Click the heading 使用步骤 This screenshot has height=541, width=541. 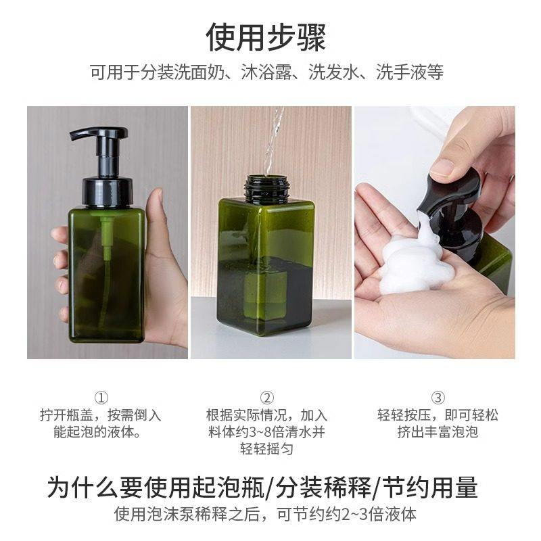pos(266,37)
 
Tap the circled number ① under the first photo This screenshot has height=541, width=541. pos(101,398)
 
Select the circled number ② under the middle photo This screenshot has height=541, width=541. pos(267,398)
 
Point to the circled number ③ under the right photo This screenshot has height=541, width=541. pos(438,398)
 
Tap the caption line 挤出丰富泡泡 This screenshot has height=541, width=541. pos(438,432)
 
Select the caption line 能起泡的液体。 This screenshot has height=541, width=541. pos(101,432)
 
